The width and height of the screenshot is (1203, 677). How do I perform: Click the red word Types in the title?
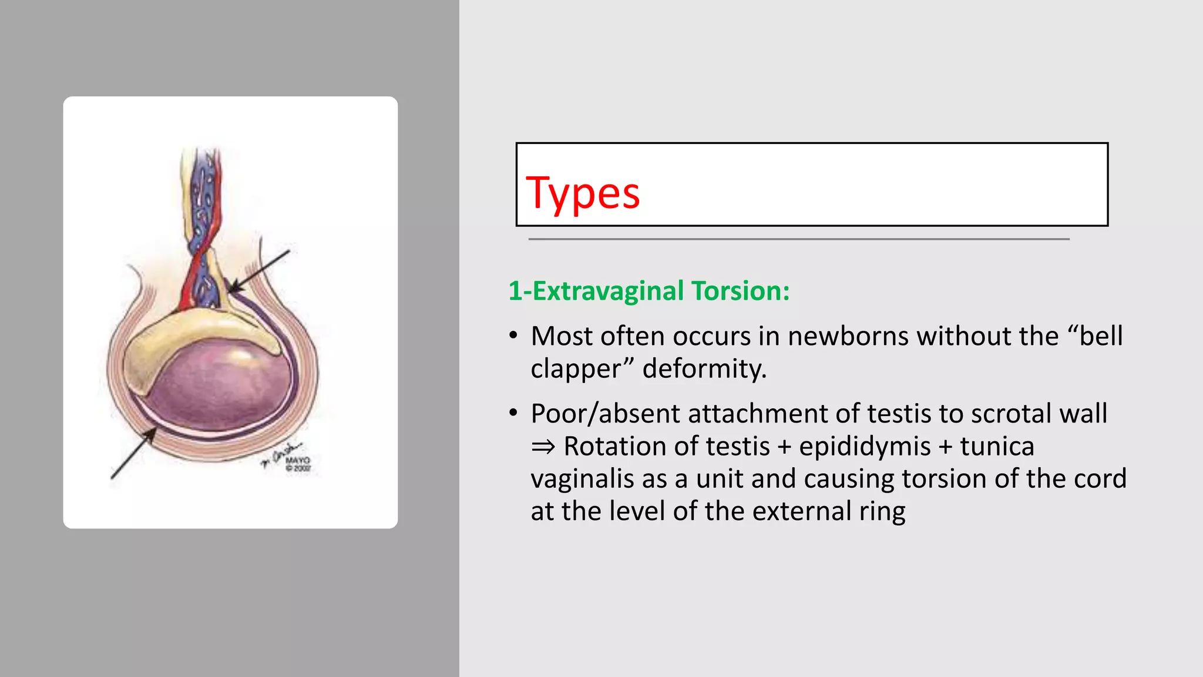pos(582,194)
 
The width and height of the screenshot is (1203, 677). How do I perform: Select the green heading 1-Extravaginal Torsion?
pos(648,291)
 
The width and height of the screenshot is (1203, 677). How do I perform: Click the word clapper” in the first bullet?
pos(582,369)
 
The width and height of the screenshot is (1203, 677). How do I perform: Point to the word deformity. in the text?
pos(704,369)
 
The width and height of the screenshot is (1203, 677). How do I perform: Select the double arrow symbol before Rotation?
pos(543,447)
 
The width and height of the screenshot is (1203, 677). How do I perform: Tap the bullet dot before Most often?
pos(513,337)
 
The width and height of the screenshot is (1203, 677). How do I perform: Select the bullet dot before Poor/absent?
pos(513,414)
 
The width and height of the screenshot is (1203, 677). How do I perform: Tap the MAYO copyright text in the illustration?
pos(297,464)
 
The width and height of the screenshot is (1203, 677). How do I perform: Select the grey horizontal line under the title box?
pos(798,239)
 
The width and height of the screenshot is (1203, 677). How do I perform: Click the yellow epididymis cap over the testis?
pos(176,341)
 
